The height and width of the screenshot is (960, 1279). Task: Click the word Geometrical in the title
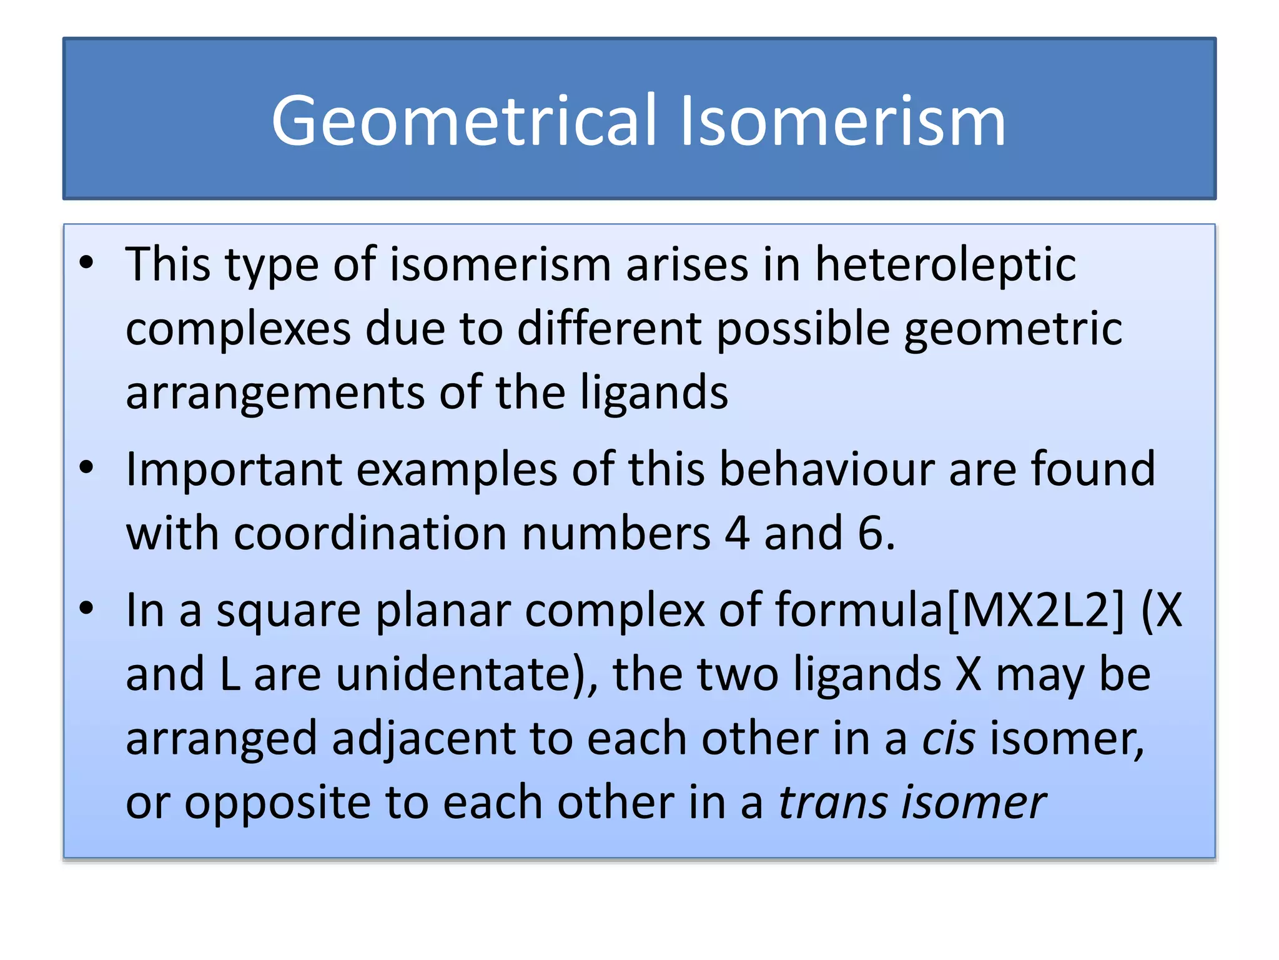coord(464,121)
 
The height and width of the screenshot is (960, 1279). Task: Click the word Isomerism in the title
coord(842,121)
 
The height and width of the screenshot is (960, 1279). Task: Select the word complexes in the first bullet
coord(238,329)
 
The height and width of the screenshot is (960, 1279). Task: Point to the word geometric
coord(1013,329)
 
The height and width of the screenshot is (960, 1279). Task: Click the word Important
coord(234,469)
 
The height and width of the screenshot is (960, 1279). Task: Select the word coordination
coord(370,534)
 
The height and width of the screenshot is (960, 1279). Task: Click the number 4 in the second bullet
coord(737,534)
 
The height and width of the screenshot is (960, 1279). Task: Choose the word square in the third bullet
coord(289,611)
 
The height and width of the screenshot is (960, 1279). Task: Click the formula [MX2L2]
coord(1035,611)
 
